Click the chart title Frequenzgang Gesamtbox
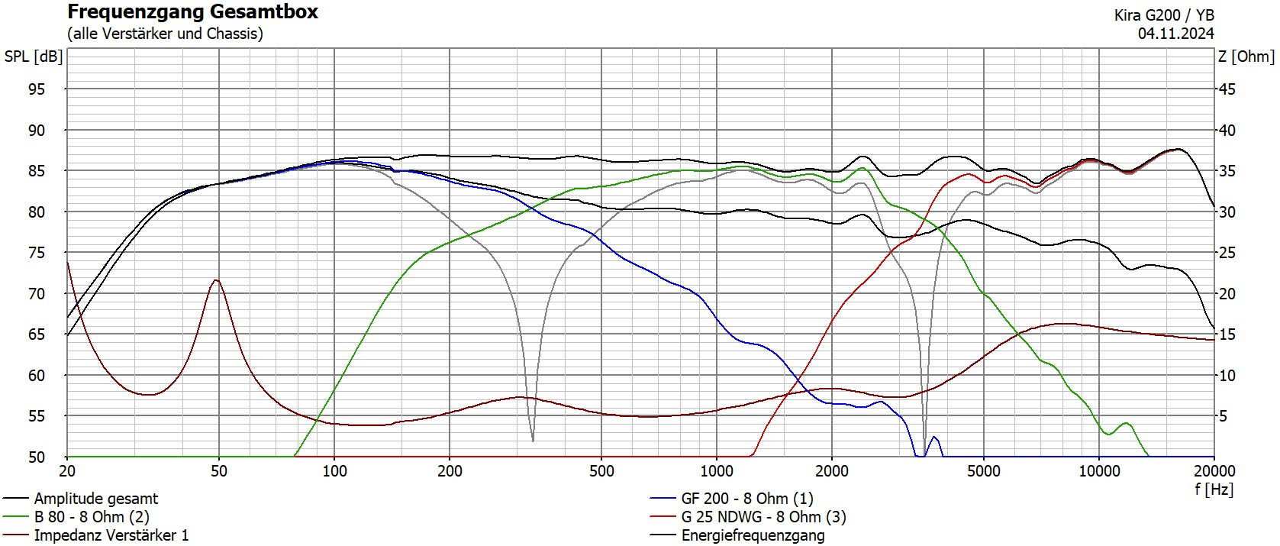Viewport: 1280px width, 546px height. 192,12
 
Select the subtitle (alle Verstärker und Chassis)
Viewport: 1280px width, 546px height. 165,34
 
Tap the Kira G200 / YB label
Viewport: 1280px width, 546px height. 1164,15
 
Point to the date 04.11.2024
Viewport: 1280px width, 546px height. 1175,34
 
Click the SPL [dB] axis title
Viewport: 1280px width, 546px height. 33,57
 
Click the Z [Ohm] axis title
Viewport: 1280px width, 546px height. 1246,57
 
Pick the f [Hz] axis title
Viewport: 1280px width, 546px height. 1214,489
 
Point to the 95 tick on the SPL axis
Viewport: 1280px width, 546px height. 37,89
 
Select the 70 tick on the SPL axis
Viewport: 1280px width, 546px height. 37,293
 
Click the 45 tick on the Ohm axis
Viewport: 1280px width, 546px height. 1226,89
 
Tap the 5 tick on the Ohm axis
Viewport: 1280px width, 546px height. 1223,416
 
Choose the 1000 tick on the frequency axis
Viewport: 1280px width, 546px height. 717,471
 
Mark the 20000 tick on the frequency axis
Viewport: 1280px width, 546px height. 1214,471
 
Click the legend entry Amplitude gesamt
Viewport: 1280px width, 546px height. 95,499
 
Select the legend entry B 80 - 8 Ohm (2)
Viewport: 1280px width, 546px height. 92,517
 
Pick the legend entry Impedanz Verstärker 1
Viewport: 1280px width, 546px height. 111,535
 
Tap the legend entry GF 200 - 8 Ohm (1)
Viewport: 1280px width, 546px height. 746,499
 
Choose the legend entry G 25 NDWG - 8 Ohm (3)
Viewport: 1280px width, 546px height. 763,517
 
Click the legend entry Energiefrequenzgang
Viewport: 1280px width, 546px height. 753,535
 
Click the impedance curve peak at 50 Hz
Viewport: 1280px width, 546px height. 218,280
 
